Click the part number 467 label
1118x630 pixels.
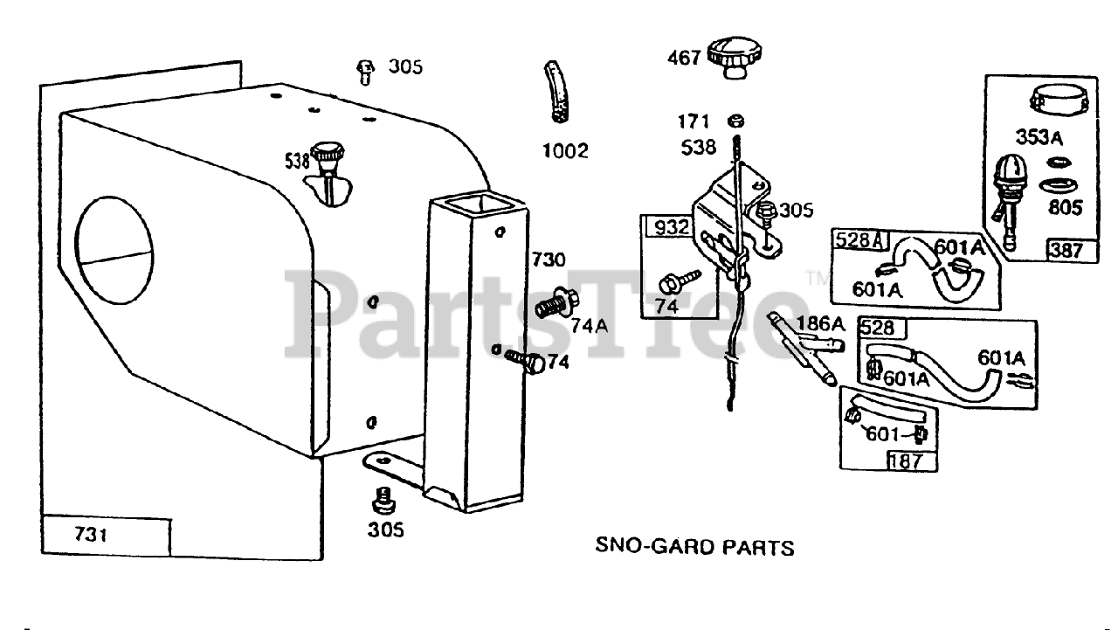click(684, 58)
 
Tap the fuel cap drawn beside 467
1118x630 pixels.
click(731, 57)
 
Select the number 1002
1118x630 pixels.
click(565, 150)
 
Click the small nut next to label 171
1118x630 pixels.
click(735, 121)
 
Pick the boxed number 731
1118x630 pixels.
click(91, 534)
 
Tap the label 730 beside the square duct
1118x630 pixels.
click(549, 260)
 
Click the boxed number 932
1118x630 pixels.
click(671, 228)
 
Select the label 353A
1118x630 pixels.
click(1039, 137)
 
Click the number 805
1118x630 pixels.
click(1064, 207)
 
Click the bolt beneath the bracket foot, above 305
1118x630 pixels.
click(381, 501)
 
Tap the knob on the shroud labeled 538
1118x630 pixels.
click(329, 155)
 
